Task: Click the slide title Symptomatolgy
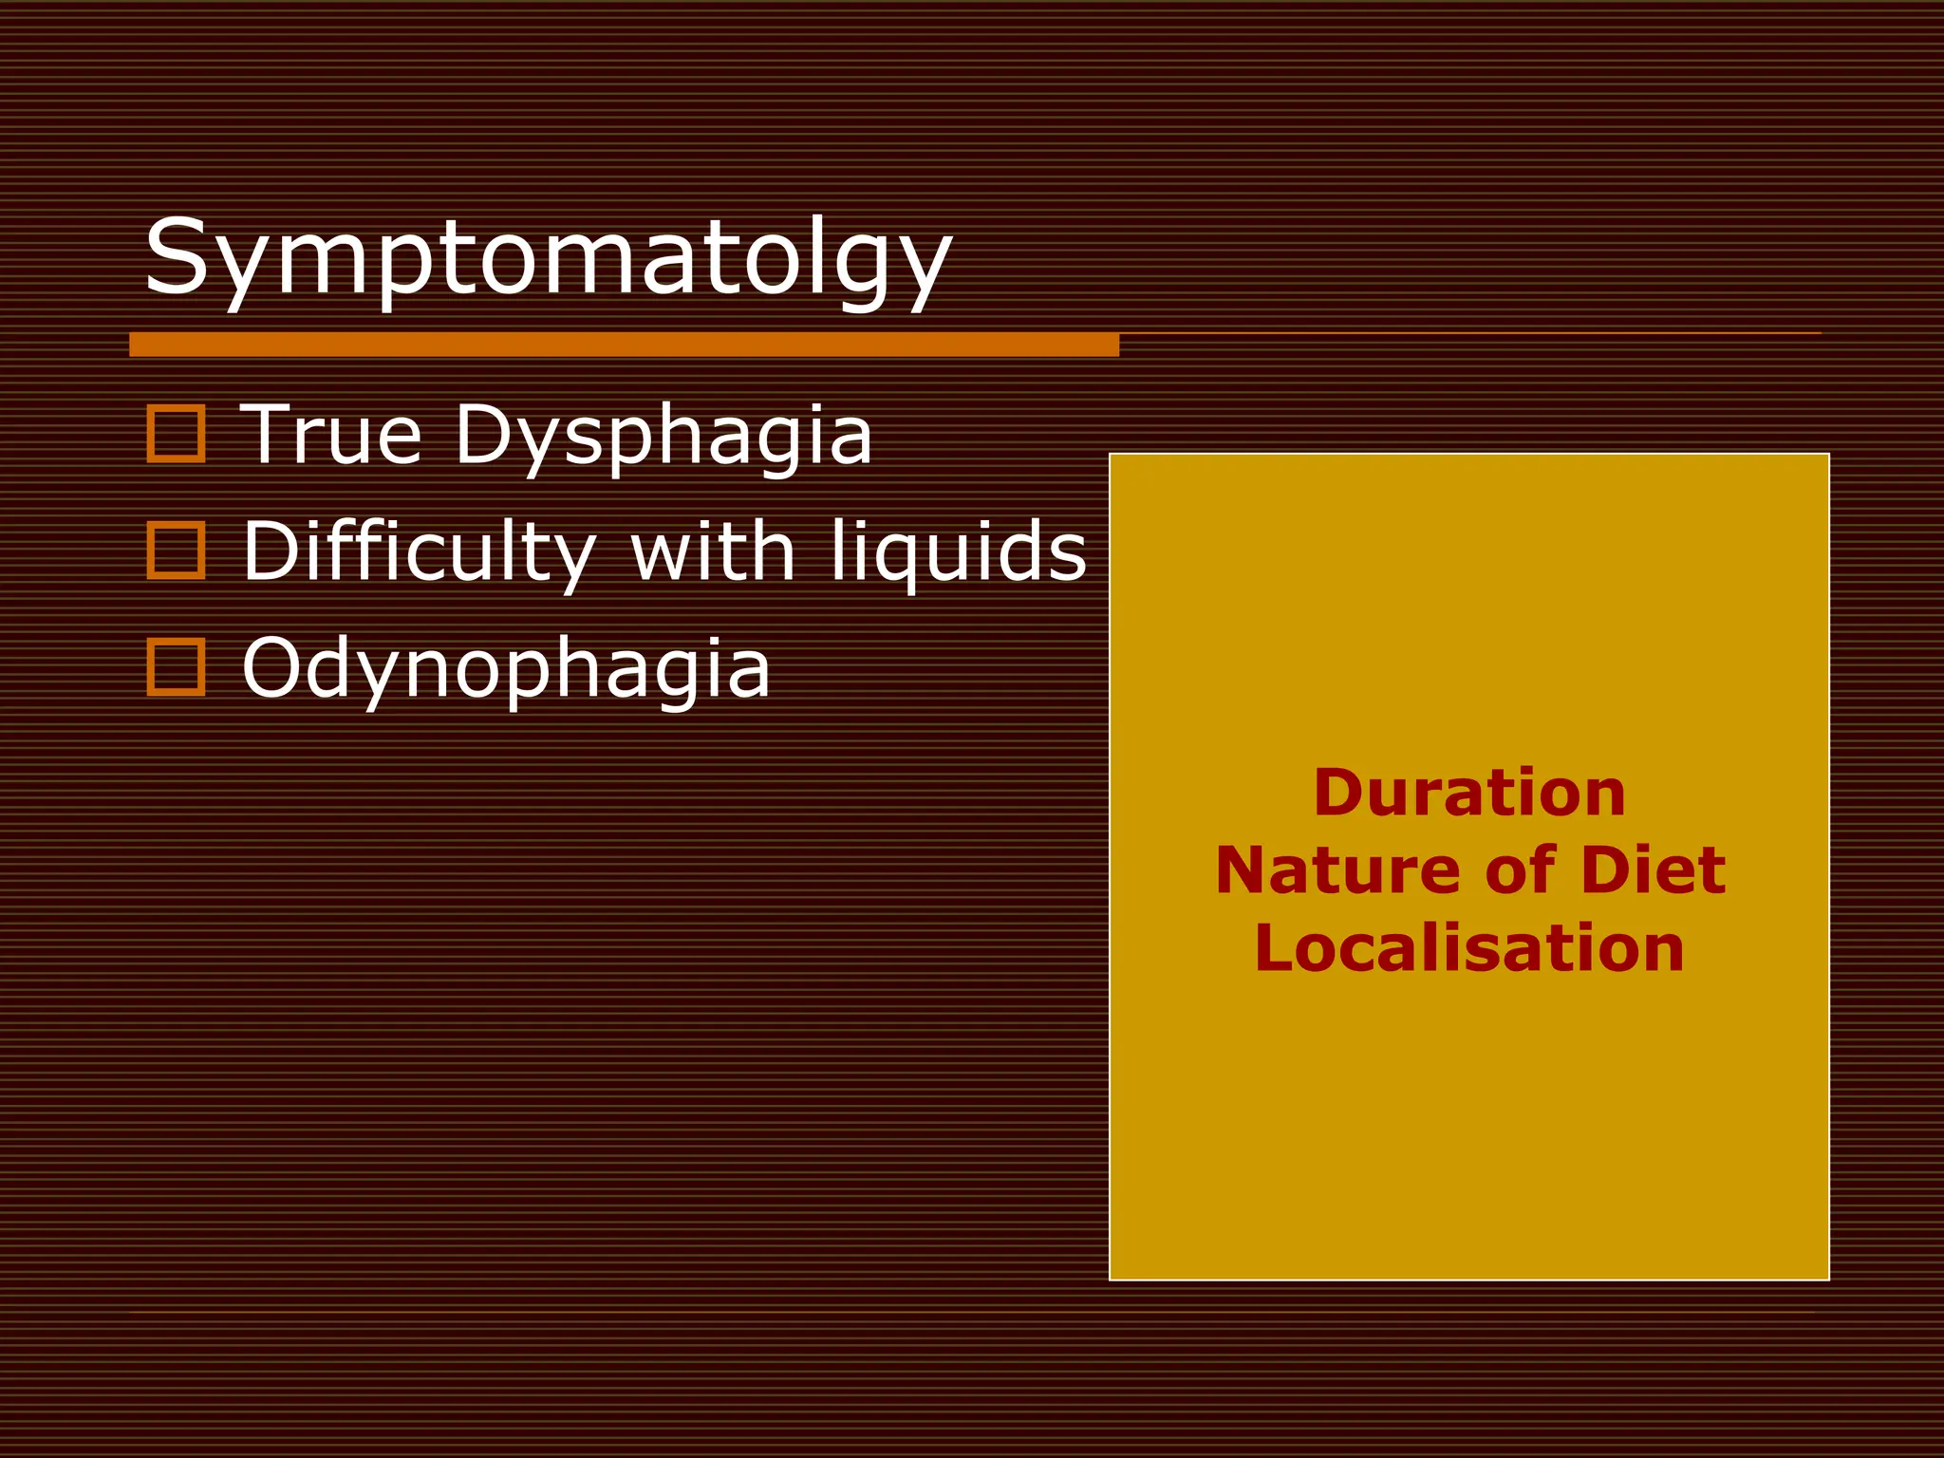pyautogui.click(x=548, y=258)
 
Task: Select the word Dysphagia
pyautogui.click(x=664, y=437)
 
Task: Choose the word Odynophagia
pyautogui.click(x=506, y=670)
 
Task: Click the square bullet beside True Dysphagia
pyautogui.click(x=176, y=434)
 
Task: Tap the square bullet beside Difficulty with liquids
pyautogui.click(x=176, y=551)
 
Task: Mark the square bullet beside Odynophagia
pyautogui.click(x=176, y=667)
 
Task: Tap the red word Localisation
pyautogui.click(x=1469, y=948)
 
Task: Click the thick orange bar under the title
pyautogui.click(x=624, y=345)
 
